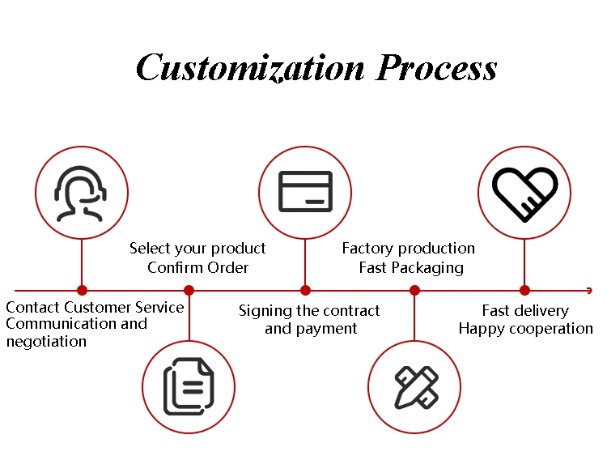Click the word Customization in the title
250,68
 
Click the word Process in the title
435,68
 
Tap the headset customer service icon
82,193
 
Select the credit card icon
305,192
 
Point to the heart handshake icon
524,193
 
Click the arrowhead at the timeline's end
589,290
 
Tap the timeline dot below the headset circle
82,290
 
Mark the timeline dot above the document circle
189,290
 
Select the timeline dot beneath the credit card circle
305,290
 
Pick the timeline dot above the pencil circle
415,290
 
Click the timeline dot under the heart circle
524,290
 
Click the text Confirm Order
197,267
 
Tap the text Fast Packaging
411,267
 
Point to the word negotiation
46,342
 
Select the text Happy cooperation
525,329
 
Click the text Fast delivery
525,311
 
